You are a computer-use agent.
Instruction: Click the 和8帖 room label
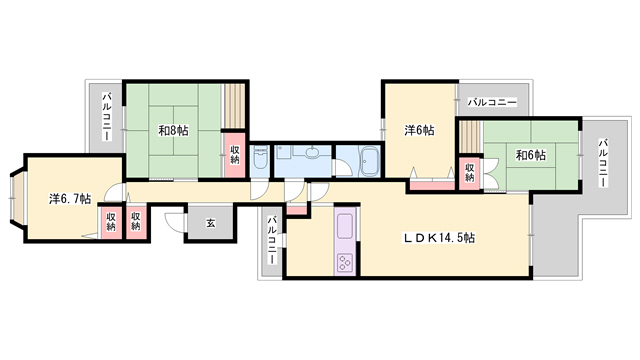tap(173, 131)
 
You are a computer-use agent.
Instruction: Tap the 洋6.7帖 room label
tap(70, 199)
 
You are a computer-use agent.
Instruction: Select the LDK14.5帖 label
tap(439, 237)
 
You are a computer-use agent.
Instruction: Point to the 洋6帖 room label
tap(419, 130)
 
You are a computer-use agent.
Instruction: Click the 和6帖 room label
tap(531, 155)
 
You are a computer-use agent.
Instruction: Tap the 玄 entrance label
tap(210, 223)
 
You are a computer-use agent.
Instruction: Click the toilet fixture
tap(260, 159)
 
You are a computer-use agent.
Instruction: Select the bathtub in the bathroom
tap(369, 162)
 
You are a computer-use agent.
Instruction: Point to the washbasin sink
tap(312, 151)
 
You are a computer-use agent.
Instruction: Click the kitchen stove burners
tap(345, 262)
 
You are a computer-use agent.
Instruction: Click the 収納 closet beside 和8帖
tap(234, 155)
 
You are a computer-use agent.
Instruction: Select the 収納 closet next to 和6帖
tap(469, 173)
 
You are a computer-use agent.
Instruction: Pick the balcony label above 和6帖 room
tap(492, 102)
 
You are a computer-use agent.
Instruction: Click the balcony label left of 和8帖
tap(107, 117)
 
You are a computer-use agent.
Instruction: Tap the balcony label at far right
tap(603, 163)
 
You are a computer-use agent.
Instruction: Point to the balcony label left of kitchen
tap(272, 240)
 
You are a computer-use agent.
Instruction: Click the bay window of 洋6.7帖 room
tap(17, 198)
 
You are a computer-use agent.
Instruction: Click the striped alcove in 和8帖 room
tap(234, 106)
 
